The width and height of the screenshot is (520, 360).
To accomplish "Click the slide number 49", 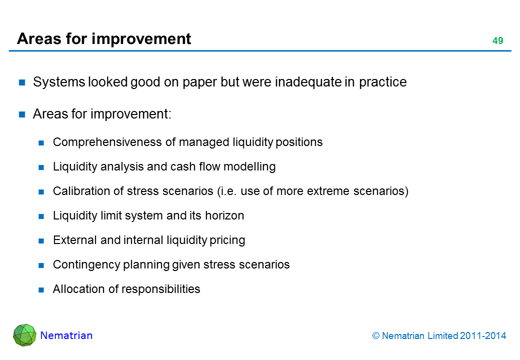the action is pos(497,40).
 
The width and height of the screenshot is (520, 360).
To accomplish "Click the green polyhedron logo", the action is pos(24,335).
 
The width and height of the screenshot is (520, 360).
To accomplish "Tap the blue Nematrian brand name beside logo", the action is pos(66,335).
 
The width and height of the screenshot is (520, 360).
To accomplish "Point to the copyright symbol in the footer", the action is pos(375,336).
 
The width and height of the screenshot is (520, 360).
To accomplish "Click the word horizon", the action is pos(224,215).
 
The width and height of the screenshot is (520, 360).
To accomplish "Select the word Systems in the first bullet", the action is pos(59,82).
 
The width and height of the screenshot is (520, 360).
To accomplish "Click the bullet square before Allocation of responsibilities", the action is pos(41,289).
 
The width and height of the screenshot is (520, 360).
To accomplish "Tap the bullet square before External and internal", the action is pos(41,240).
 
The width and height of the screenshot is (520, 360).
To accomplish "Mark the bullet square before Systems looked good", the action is pos(22,82).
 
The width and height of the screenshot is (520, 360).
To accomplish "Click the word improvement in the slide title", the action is pos(141,39).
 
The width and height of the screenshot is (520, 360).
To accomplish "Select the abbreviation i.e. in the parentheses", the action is pos(228,191).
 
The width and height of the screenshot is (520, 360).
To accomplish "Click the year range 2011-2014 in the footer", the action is pos(483,336).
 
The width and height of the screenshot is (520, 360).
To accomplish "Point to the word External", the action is pos(75,240).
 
